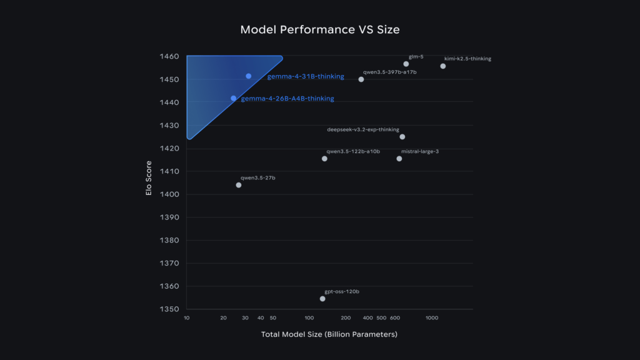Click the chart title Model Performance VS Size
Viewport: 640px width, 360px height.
(x=320, y=30)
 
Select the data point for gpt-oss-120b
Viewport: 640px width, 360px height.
(x=322, y=299)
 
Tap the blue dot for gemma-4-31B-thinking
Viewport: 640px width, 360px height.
(x=249, y=76)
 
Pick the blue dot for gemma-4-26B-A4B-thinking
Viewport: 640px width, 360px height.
(x=234, y=98)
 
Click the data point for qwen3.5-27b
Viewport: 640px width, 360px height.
(x=239, y=185)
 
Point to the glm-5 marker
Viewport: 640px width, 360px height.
(x=406, y=64)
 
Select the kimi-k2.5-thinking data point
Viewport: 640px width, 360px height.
(x=443, y=66)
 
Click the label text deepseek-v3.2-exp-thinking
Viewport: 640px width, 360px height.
(x=363, y=130)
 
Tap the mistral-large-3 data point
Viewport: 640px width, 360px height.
(x=399, y=159)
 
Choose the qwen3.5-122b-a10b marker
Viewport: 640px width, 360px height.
(x=324, y=159)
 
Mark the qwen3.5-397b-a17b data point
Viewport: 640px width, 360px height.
(x=361, y=79)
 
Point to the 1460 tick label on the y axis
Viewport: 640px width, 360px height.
(x=171, y=57)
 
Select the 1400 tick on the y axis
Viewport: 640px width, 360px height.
(x=171, y=194)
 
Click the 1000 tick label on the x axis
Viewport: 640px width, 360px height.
(x=432, y=318)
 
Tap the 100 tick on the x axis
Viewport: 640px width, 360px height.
(x=309, y=318)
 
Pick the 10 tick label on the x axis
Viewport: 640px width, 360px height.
(x=187, y=318)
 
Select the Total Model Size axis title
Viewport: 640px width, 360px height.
(x=329, y=335)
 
